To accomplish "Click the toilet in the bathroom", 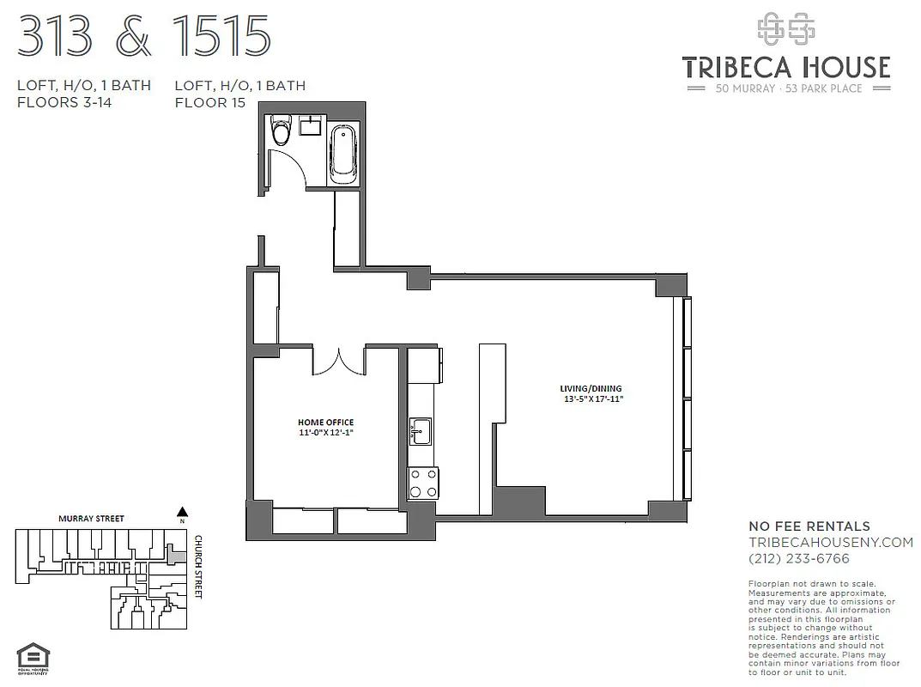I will pos(281,131).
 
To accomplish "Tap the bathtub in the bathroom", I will pos(344,153).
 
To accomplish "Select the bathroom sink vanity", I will pos(311,128).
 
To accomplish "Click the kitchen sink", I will pos(420,429).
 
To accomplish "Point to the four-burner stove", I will pos(422,483).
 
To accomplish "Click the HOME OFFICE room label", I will pos(325,422).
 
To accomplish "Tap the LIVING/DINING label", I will pos(591,388).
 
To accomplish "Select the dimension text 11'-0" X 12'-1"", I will pos(325,434).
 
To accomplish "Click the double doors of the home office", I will pos(339,361).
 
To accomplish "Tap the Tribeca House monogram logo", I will pos(785,29).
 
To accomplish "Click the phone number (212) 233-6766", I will pos(799,559).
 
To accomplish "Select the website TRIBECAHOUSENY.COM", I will pos(831,543).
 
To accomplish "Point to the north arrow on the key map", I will pos(182,513).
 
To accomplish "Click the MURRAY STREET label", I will pos(91,519).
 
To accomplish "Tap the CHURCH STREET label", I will pos(198,567).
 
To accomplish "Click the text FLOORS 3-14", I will pos(64,103).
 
